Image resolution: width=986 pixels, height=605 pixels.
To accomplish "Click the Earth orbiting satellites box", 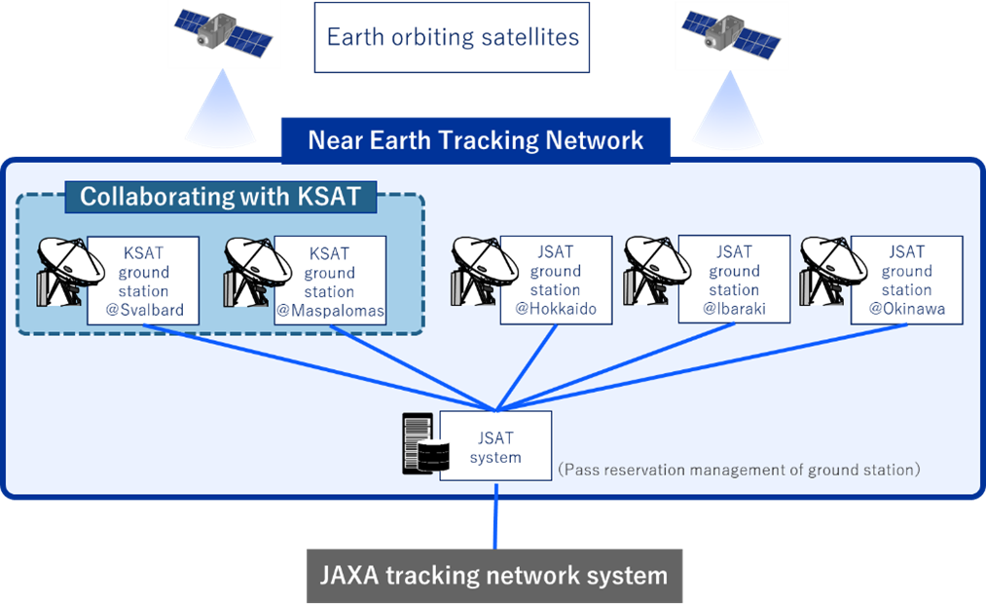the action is [x=452, y=37].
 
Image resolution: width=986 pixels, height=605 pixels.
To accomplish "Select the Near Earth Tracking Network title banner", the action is [x=475, y=140].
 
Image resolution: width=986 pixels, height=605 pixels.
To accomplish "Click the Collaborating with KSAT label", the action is [x=221, y=197].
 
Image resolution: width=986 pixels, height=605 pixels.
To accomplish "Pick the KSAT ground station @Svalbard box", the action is [x=143, y=281].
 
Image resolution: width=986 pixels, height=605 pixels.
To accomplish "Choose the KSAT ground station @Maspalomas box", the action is [x=330, y=281].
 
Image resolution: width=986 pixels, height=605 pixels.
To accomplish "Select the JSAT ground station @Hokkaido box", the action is [x=556, y=281].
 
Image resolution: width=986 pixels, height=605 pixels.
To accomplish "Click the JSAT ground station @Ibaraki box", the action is [x=734, y=280].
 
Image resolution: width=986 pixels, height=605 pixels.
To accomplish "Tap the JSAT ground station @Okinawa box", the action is [x=907, y=281].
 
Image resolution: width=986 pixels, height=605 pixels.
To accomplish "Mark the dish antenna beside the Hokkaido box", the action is [x=476, y=272].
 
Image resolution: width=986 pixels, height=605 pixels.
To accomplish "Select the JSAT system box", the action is [x=495, y=446].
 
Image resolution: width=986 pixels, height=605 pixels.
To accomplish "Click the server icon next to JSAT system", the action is [x=425, y=443].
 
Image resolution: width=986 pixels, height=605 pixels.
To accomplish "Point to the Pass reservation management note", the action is [x=739, y=470].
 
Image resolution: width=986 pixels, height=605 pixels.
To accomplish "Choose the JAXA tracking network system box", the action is [x=494, y=576].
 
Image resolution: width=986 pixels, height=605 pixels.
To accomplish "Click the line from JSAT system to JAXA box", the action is [x=495, y=515].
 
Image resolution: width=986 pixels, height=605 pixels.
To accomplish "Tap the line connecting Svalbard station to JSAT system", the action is [x=319, y=367].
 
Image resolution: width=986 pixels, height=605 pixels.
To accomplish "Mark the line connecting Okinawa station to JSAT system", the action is [x=702, y=367].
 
